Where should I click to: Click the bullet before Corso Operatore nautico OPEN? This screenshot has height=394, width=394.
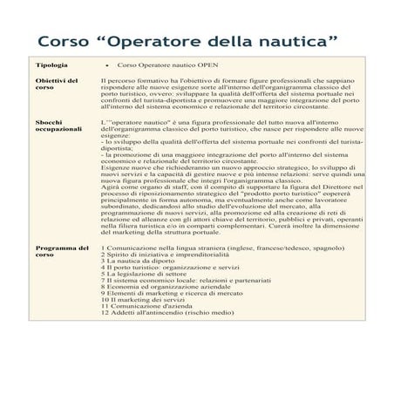click(x=106, y=66)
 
